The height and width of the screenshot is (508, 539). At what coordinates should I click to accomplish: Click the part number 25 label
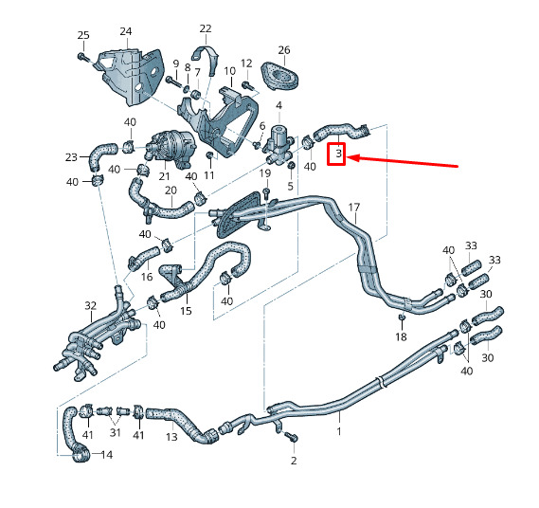(x=83, y=35)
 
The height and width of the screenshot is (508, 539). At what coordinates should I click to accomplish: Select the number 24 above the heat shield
(x=126, y=31)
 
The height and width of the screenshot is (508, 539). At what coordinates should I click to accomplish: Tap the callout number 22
(x=206, y=28)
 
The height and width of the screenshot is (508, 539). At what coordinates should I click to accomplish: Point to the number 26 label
(x=284, y=50)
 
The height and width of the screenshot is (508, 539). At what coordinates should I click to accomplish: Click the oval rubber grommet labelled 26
(x=279, y=77)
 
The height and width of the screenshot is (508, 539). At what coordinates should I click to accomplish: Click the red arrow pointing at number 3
(x=403, y=162)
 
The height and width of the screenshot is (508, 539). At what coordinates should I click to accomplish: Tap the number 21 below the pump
(x=164, y=176)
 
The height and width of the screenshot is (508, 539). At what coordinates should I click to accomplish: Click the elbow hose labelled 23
(x=99, y=154)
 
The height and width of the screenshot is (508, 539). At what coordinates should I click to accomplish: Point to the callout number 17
(x=354, y=208)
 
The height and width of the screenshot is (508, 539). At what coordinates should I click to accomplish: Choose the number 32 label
(x=90, y=305)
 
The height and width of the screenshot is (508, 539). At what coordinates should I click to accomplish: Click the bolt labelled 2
(x=292, y=437)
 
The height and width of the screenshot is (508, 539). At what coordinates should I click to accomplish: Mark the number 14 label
(x=107, y=455)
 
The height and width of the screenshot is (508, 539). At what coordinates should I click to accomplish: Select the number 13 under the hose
(x=171, y=437)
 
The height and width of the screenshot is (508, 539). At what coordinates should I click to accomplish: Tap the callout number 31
(x=116, y=433)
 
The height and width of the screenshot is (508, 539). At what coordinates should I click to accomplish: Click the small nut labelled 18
(x=401, y=317)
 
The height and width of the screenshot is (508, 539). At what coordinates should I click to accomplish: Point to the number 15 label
(x=186, y=311)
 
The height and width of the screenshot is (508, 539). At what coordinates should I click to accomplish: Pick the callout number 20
(x=171, y=190)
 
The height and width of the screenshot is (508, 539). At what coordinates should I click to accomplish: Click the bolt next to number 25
(x=82, y=57)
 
